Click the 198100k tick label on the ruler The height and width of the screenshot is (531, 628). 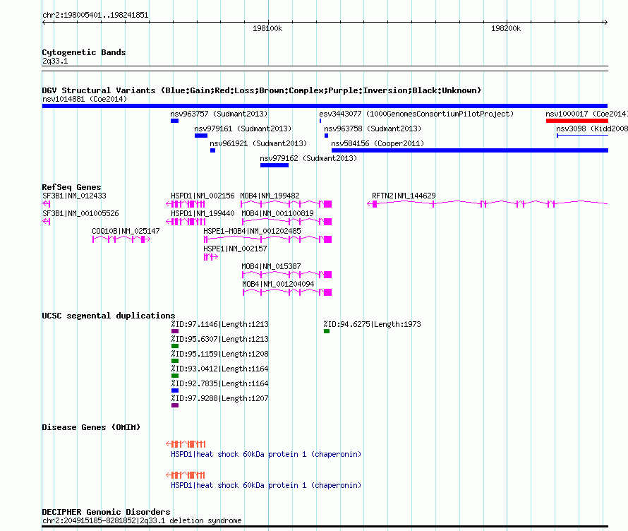(x=267, y=28)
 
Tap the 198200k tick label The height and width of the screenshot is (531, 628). (x=506, y=28)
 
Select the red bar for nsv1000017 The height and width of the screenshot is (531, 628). (x=576, y=121)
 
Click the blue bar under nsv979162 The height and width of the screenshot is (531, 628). (x=274, y=165)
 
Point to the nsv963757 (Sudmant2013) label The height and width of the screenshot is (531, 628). (x=219, y=114)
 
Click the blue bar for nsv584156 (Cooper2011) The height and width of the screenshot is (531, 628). (x=470, y=150)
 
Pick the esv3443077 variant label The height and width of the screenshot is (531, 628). (x=340, y=114)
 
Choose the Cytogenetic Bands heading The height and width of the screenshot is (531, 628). (x=84, y=52)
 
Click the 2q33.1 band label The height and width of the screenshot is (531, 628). (x=55, y=61)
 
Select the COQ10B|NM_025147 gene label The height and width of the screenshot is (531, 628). (x=126, y=231)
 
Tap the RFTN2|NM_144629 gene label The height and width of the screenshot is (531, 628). (x=404, y=196)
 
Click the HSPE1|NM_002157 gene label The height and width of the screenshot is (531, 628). (x=235, y=249)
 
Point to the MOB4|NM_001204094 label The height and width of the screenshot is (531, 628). (x=278, y=284)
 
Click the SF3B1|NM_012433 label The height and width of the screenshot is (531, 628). (x=75, y=196)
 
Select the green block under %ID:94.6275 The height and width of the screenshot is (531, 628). (x=327, y=331)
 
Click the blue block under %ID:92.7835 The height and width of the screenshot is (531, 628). (x=174, y=390)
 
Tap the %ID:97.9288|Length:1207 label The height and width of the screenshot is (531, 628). (x=220, y=398)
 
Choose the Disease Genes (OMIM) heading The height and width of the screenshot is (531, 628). (x=91, y=427)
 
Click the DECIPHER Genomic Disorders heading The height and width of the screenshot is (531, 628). (x=106, y=512)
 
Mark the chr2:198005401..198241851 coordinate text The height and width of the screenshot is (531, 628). (x=95, y=16)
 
